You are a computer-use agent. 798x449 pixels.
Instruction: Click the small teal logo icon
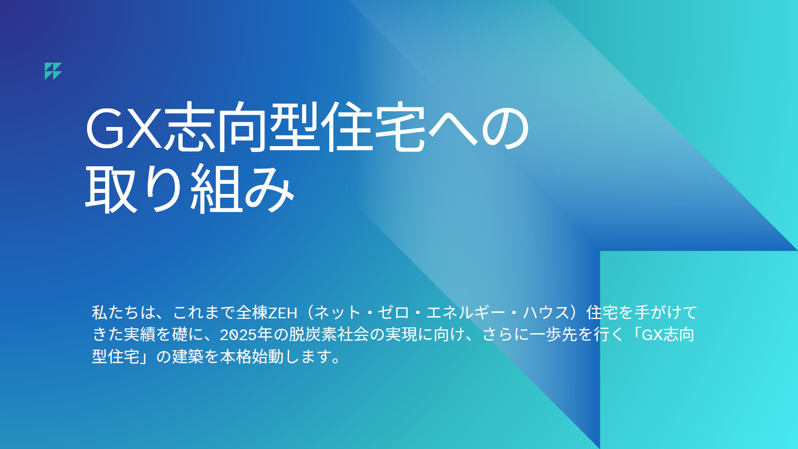tap(53, 71)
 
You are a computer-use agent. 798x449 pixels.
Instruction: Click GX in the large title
tap(124, 128)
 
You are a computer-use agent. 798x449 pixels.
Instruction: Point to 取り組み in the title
tap(190, 189)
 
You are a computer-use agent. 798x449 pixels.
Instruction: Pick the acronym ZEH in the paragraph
tap(282, 313)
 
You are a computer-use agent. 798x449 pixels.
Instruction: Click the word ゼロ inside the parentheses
tap(393, 313)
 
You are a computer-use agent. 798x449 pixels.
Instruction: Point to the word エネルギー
tap(466, 313)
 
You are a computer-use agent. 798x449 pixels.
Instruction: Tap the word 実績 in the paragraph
tap(140, 335)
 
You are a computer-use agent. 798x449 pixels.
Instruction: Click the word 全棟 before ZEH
tap(252, 313)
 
